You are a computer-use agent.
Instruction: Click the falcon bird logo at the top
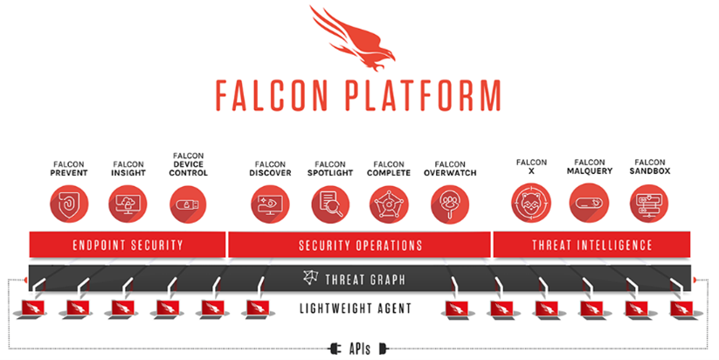[353, 38]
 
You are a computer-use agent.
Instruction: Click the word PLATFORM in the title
[423, 96]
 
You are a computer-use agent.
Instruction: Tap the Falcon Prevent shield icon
[69, 204]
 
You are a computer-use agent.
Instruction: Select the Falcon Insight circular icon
[128, 204]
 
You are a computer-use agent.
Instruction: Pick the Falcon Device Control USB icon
[188, 204]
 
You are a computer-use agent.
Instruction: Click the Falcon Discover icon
[270, 204]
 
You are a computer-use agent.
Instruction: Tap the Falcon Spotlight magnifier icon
[330, 204]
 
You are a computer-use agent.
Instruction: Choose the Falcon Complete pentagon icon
[389, 204]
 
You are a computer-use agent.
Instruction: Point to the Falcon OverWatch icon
[450, 204]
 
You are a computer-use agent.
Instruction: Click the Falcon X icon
[531, 202]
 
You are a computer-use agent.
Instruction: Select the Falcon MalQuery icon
[589, 202]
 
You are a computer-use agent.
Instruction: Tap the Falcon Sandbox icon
[649, 202]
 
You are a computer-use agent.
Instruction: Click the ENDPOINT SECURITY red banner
[128, 245]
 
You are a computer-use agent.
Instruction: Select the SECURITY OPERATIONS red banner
[360, 245]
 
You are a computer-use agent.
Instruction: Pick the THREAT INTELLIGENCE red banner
[591, 245]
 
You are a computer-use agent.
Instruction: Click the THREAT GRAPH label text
[365, 280]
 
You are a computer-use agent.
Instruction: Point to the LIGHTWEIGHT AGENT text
[356, 308]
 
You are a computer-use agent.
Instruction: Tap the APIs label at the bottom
[360, 349]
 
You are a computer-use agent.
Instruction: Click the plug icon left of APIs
[335, 349]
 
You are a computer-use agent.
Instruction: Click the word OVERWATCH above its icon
[450, 173]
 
